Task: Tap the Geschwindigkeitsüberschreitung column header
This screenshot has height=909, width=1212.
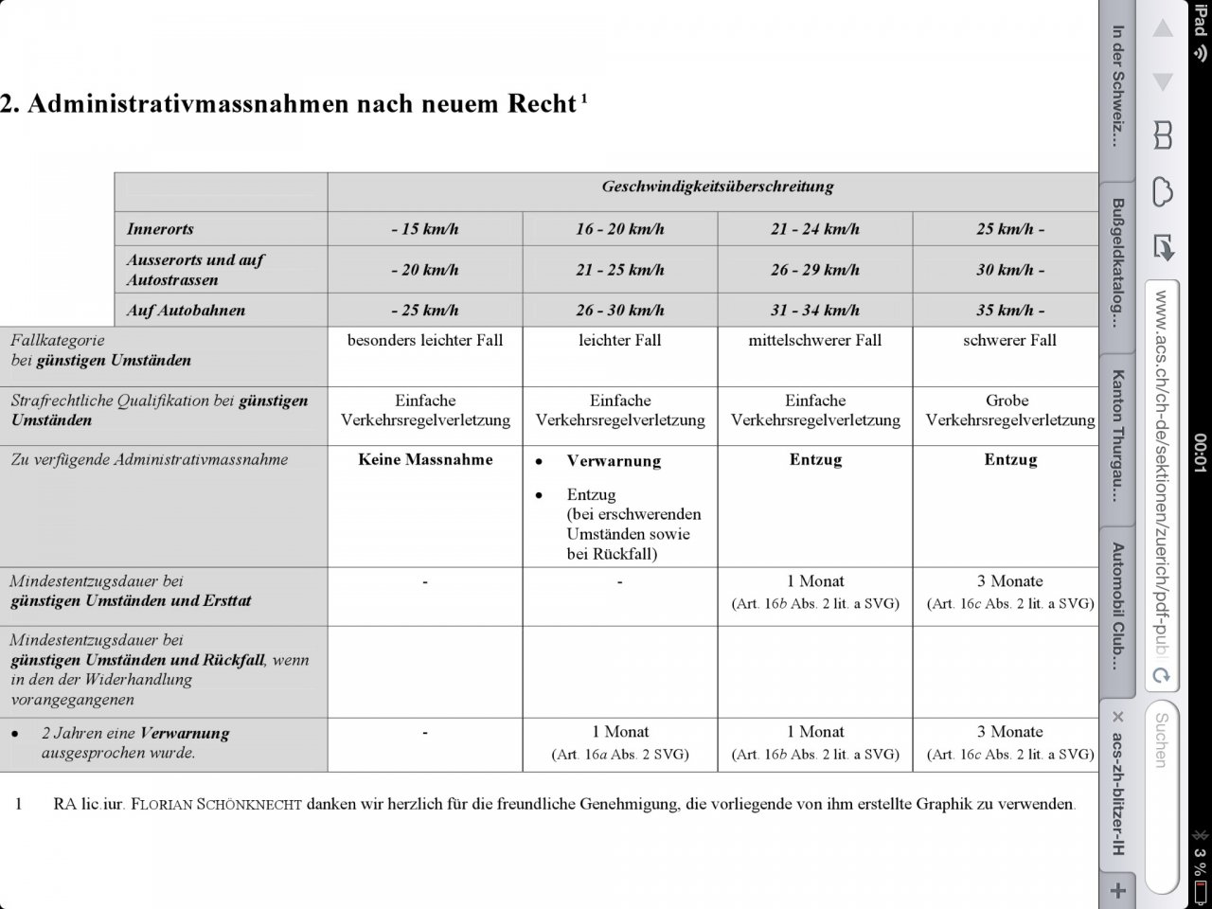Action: pos(718,187)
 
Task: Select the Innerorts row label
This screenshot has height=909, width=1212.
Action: pos(160,229)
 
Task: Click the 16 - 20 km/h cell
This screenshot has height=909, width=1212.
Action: pos(619,229)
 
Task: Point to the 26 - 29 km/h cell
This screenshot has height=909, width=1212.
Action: pos(814,270)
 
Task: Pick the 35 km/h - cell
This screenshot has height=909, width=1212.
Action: pos(1009,311)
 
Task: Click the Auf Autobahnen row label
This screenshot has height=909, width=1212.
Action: pos(186,311)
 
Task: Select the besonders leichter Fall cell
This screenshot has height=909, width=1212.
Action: pos(425,340)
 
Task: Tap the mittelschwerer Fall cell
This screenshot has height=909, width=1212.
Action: pos(814,340)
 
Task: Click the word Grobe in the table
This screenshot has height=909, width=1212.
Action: pos(1007,401)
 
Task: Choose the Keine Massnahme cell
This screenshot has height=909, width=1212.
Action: pos(425,460)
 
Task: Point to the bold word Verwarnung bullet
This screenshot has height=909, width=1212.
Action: pos(614,461)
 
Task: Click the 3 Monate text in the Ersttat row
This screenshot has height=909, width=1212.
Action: pos(1009,581)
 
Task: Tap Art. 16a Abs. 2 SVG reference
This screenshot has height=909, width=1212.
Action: pos(619,755)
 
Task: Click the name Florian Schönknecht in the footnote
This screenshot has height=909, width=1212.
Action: pos(216,805)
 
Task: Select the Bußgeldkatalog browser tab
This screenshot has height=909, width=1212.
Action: pos(1117,262)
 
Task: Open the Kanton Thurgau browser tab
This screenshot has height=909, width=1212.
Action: pos(1117,435)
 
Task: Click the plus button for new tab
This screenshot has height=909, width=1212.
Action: pos(1118,890)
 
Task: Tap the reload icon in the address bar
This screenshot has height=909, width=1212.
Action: pos(1162,676)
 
